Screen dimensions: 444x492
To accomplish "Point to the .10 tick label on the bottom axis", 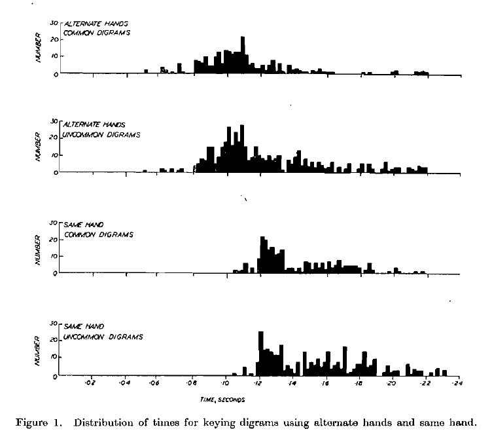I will coord(224,384).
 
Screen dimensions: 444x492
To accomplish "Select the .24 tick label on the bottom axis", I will coord(457,384).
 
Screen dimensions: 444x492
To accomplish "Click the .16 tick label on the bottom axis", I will coord(325,384).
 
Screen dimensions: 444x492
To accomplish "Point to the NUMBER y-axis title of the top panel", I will coord(39,48).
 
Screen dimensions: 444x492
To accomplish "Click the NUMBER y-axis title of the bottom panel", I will coord(38,351).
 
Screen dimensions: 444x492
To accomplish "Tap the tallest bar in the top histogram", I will coord(243,55).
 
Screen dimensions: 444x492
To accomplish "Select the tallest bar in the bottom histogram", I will coord(261,354).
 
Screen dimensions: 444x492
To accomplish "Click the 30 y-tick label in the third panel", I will coord(54,223).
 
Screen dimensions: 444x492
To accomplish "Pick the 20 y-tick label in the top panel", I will coord(54,39).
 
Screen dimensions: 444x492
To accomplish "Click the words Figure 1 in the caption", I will coord(36,421).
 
